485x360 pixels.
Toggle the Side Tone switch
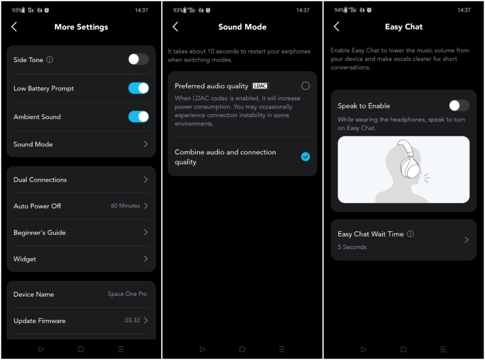point(138,59)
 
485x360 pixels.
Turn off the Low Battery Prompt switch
point(138,88)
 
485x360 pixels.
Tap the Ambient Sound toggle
point(138,117)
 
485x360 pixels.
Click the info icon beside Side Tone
point(50,60)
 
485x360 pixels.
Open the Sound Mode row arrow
point(146,144)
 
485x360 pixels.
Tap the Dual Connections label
point(40,180)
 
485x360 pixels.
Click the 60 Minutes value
point(125,206)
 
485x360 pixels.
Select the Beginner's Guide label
point(39,233)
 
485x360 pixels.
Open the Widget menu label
point(25,259)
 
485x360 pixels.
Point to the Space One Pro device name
point(127,295)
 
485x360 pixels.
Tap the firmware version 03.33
point(132,321)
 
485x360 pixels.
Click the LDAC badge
point(260,86)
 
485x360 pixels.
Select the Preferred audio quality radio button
point(305,86)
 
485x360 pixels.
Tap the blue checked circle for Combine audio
point(305,157)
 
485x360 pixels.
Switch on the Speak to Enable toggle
point(459,106)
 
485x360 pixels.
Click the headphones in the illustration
point(409,162)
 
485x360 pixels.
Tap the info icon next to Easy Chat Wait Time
point(411,234)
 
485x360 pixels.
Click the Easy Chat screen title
point(404,27)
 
